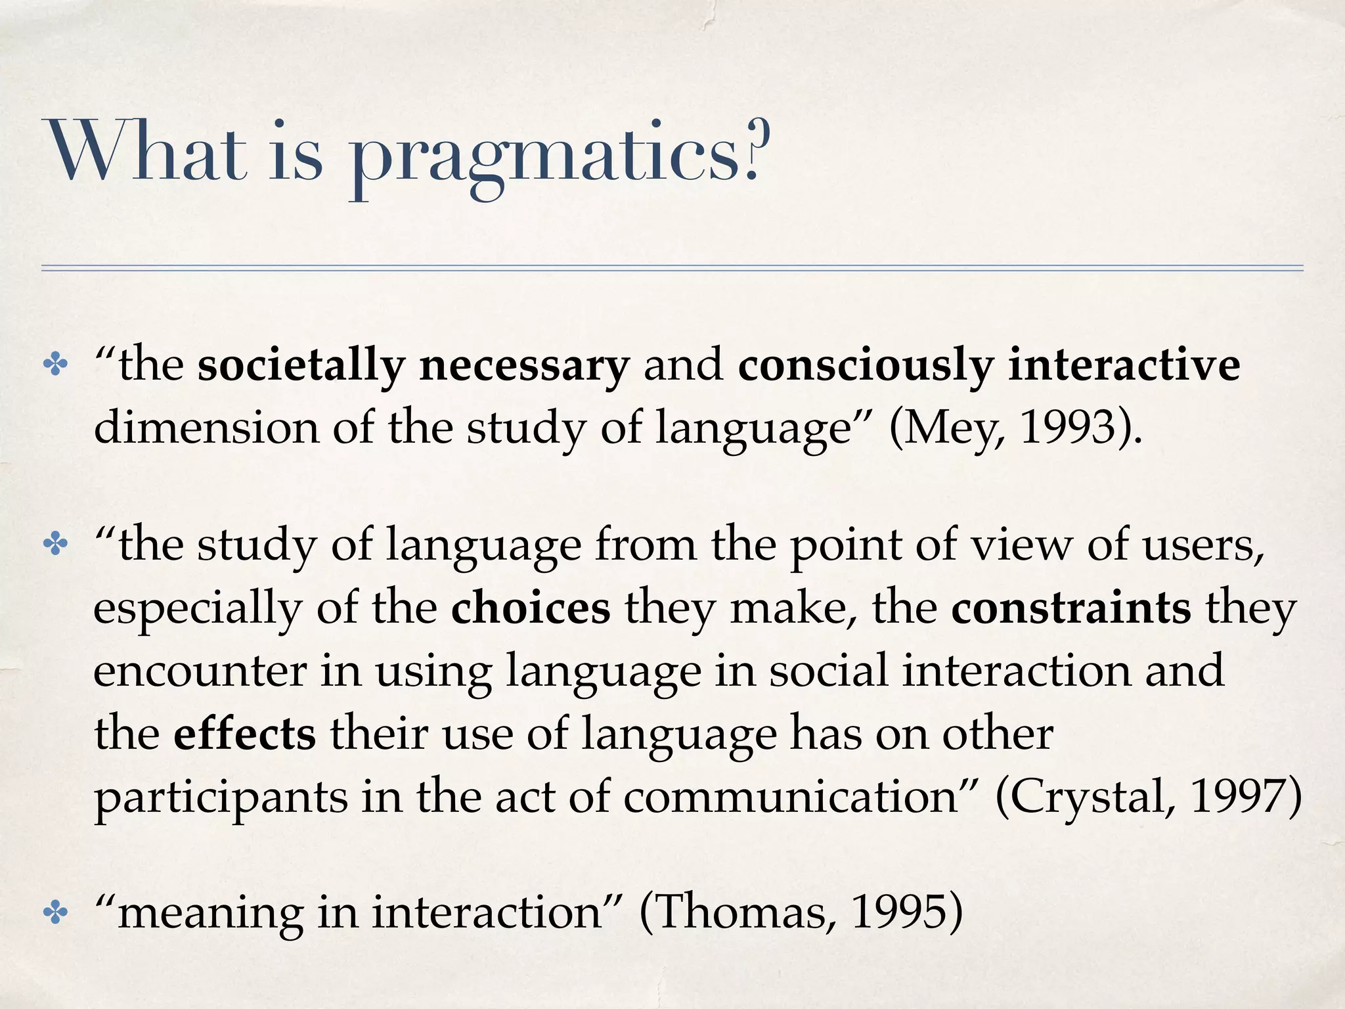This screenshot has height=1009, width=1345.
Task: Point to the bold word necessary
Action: point(524,367)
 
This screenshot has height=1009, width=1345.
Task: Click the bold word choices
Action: point(531,608)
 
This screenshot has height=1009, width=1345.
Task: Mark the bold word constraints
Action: point(1070,608)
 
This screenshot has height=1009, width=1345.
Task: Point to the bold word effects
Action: point(244,734)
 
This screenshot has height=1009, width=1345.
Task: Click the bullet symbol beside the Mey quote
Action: point(55,366)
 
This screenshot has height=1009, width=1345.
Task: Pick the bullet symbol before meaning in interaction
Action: point(55,912)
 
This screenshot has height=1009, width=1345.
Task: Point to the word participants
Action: point(221,797)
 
